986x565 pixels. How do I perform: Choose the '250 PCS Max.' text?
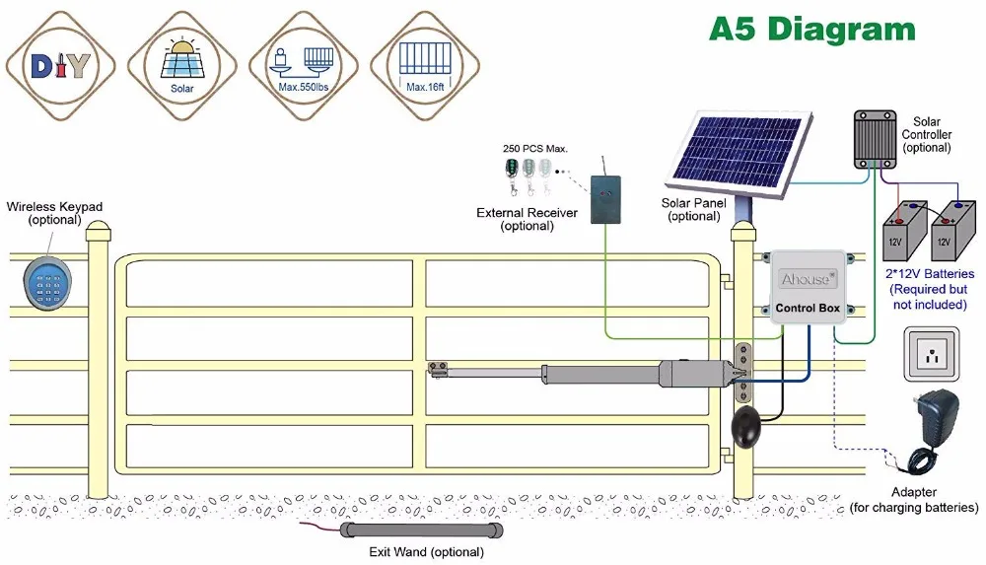coord(535,148)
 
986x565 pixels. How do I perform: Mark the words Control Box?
coord(808,308)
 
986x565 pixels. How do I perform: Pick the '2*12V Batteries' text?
coord(928,274)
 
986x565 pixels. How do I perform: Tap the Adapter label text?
coord(914,492)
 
